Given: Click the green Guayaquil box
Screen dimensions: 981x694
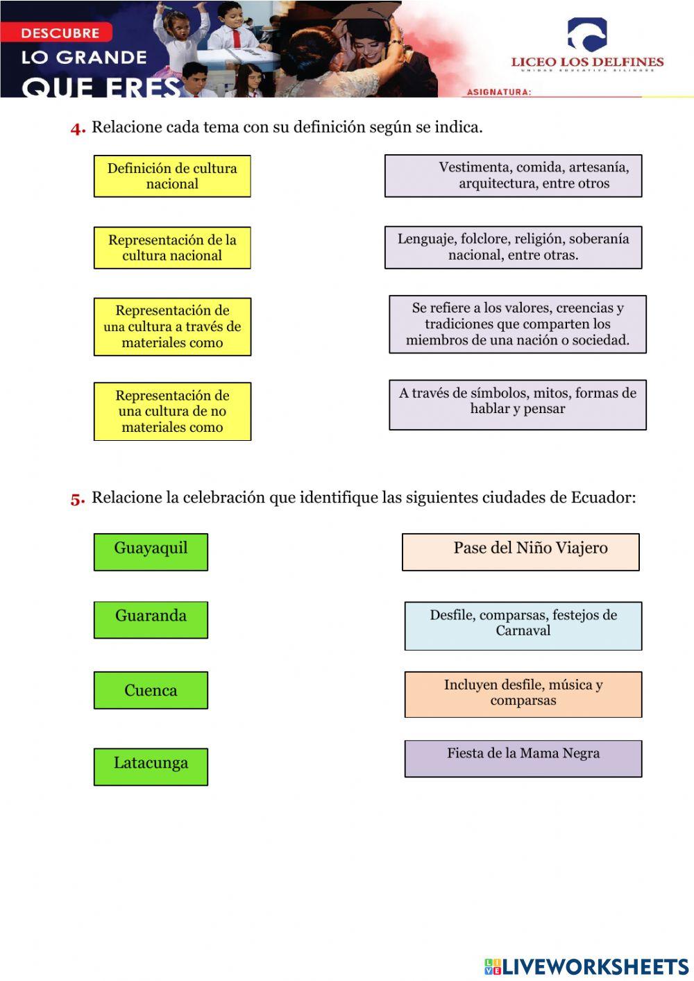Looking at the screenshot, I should [151, 552].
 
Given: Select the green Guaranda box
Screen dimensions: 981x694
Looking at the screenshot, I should [151, 619].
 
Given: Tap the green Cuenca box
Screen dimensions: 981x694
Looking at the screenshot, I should [151, 690].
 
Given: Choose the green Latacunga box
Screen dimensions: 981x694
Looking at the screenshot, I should [151, 766].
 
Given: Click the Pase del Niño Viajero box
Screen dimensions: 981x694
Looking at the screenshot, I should [520, 552].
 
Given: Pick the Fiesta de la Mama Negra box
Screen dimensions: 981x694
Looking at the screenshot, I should [523, 758].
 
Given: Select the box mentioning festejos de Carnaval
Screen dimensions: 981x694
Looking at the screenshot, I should [523, 626].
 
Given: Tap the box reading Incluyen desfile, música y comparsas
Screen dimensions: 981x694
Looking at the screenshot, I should [523, 694].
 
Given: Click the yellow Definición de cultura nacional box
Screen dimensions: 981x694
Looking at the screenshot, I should [172, 176].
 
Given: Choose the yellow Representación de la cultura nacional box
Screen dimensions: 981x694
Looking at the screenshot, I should [172, 248].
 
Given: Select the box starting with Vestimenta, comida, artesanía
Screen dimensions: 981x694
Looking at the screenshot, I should [514, 176].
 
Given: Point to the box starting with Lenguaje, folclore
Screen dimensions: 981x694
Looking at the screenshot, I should [514, 247].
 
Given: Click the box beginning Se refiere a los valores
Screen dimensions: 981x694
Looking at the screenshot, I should [518, 324].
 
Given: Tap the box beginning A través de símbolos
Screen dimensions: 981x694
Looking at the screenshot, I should [518, 404].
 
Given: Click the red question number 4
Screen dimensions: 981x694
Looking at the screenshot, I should [77, 128].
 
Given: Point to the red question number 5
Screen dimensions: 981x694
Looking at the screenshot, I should [77, 498].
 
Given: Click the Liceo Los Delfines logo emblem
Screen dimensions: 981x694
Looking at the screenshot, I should [586, 35].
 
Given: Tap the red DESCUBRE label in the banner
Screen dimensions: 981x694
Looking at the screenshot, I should [60, 33].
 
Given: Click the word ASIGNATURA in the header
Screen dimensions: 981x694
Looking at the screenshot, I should [499, 92].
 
